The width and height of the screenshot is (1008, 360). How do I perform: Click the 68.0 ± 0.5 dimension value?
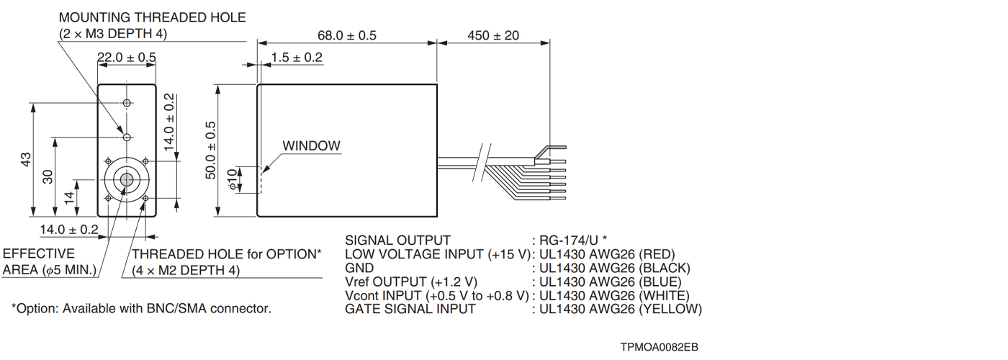[x=346, y=35]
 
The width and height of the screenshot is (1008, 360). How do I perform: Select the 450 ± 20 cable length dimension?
[x=493, y=35]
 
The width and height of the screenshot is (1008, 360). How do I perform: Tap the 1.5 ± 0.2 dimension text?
[x=297, y=58]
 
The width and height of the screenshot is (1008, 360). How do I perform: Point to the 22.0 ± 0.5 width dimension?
[x=127, y=58]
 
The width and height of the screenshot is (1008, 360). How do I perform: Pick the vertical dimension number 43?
[x=26, y=158]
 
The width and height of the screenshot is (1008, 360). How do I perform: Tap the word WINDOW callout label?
[x=311, y=145]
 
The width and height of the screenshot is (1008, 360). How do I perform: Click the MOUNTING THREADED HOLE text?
[x=152, y=17]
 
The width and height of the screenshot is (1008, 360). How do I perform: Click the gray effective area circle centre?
[x=127, y=179]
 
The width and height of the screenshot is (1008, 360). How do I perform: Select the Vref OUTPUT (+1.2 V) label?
[x=411, y=282]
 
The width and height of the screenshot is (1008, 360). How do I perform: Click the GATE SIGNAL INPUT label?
[x=410, y=309]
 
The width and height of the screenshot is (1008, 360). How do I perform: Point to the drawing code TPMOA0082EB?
[x=659, y=347]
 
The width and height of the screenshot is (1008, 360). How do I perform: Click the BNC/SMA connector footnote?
[x=141, y=308]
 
